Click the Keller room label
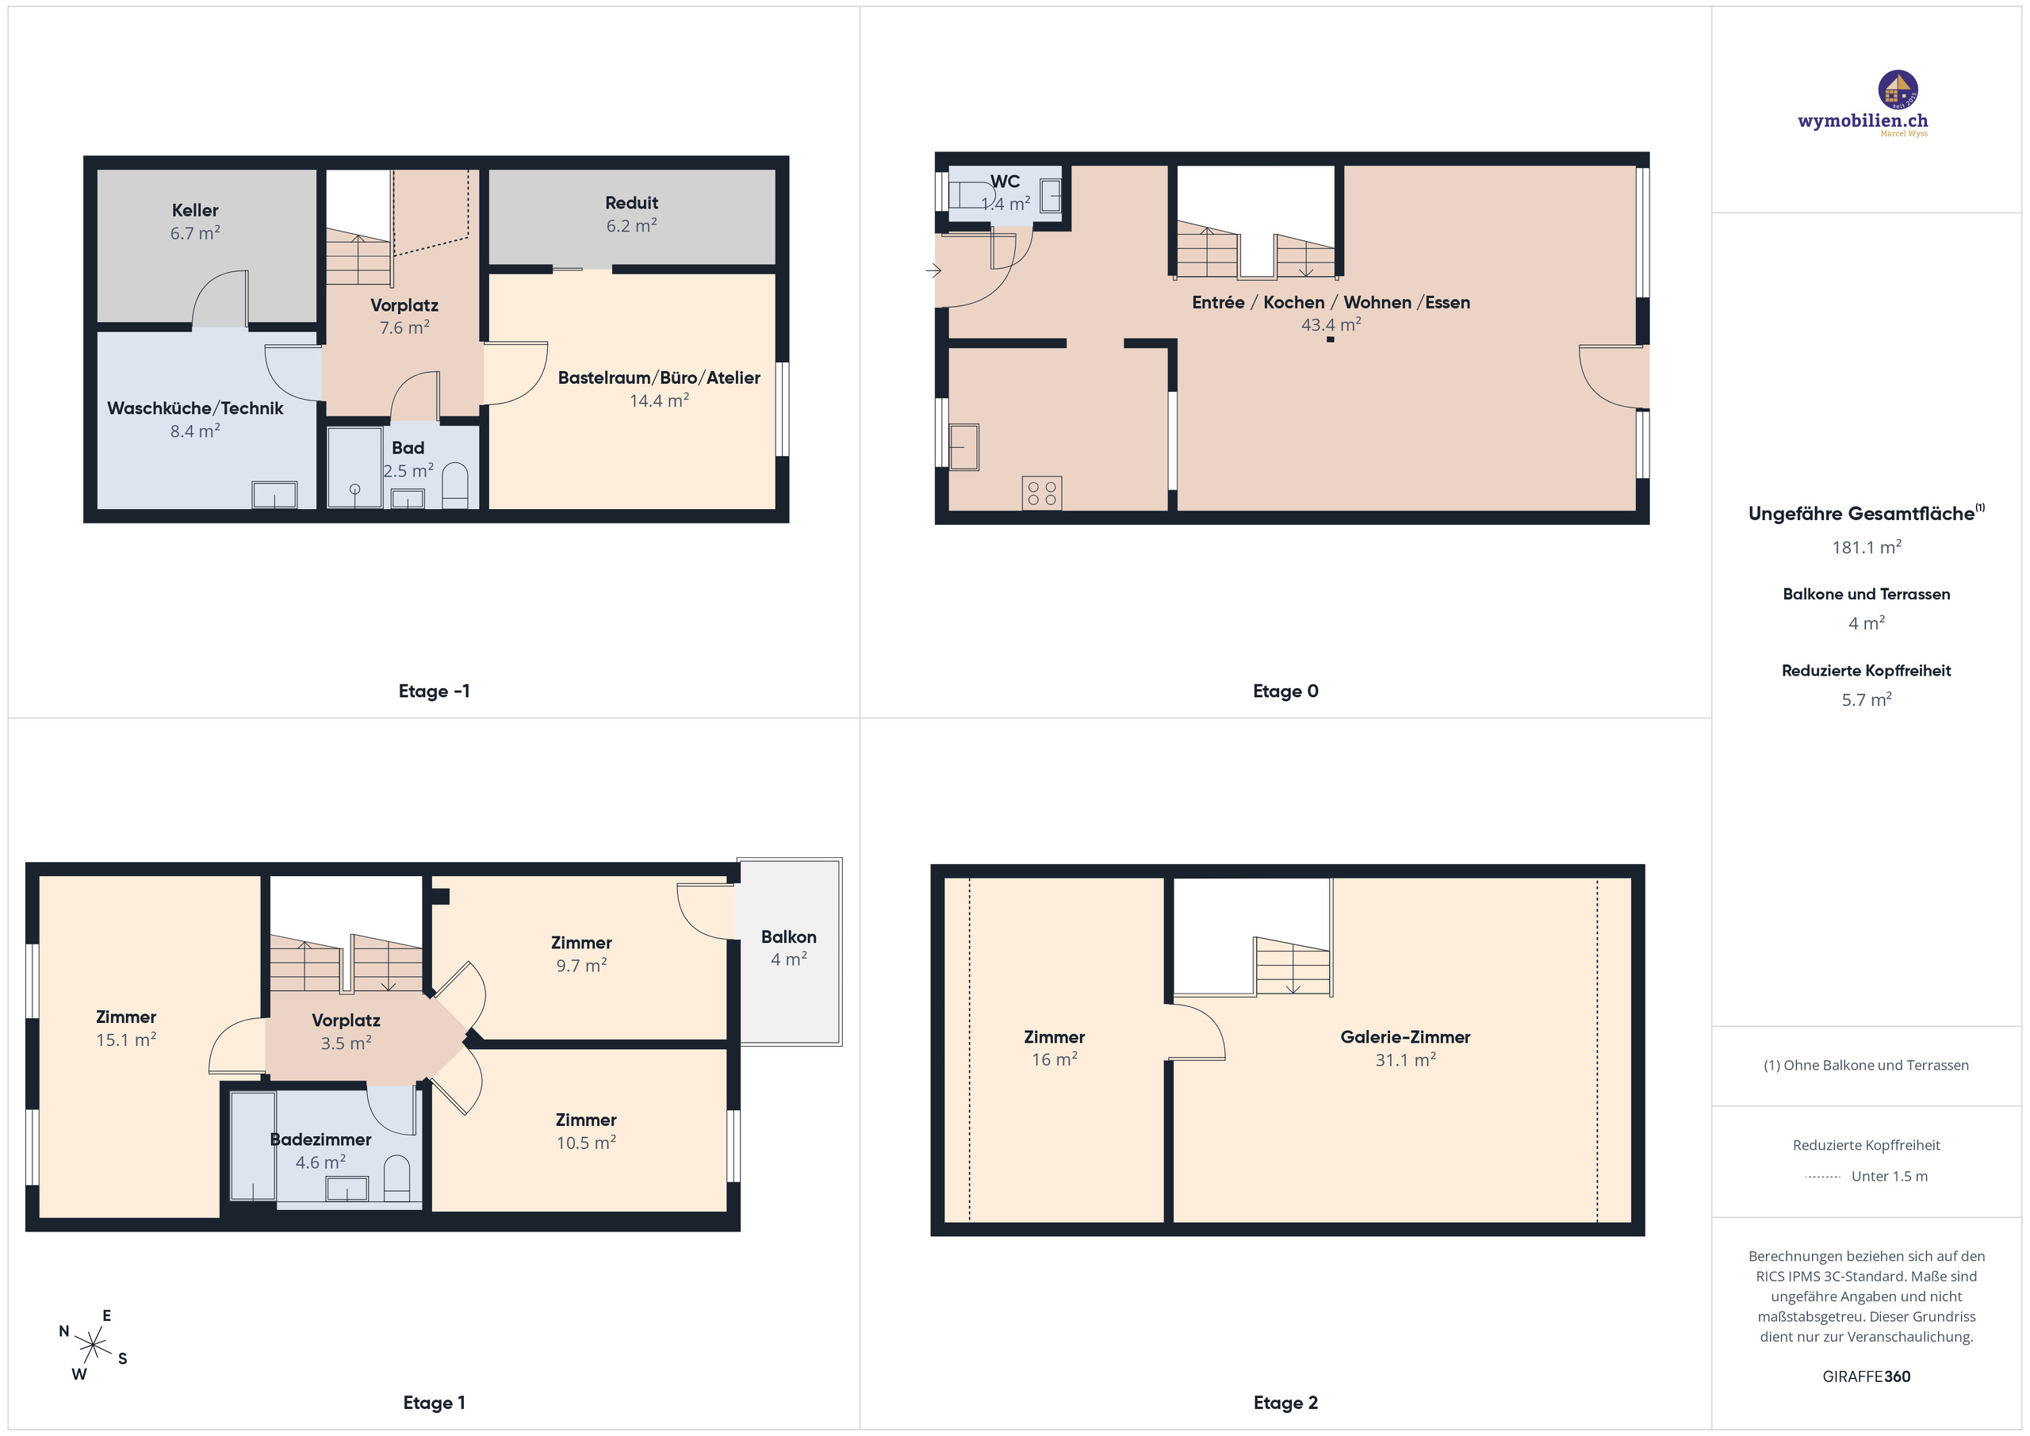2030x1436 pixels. click(194, 210)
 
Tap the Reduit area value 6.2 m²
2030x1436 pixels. click(631, 225)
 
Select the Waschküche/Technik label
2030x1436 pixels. click(195, 408)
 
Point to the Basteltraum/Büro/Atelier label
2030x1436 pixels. click(659, 377)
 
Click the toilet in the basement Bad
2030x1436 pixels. click(454, 485)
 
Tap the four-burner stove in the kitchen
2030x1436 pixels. click(1041, 493)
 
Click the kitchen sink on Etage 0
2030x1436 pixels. click(963, 446)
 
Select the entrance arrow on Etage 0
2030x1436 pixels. click(933, 270)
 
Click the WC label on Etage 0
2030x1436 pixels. click(1005, 182)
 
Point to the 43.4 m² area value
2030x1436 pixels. click(1331, 324)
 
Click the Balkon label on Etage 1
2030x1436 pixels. click(789, 936)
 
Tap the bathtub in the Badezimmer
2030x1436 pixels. click(253, 1146)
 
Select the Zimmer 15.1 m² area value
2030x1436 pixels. click(126, 1040)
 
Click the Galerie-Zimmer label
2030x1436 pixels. click(1405, 1036)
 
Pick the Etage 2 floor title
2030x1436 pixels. click(1285, 1403)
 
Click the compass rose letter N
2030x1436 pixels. click(63, 1331)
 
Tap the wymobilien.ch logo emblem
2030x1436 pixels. click(1898, 90)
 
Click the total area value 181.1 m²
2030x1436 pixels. click(1867, 547)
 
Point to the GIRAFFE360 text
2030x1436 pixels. click(1867, 1376)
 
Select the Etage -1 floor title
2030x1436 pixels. click(434, 691)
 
